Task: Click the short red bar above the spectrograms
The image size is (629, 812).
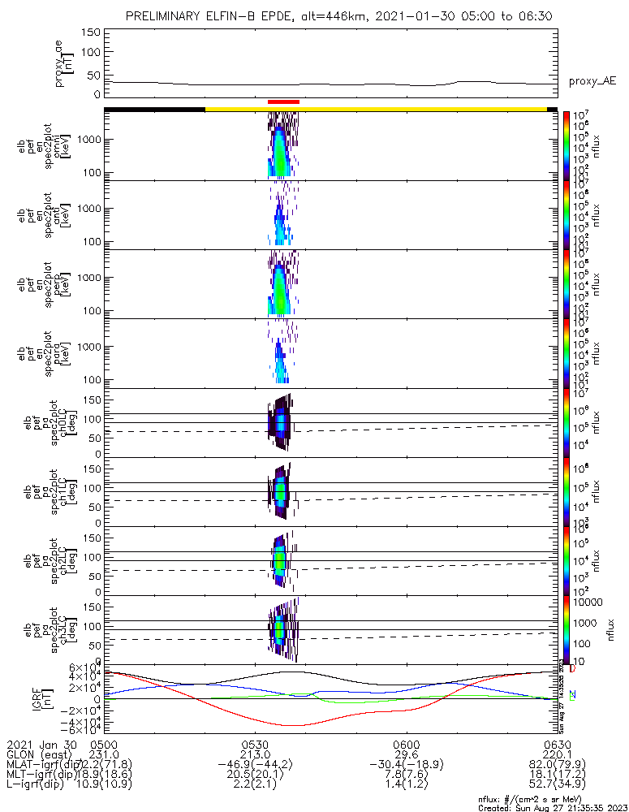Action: tap(283, 101)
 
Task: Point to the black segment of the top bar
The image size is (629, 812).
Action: tap(154, 108)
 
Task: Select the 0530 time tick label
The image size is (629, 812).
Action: tap(255, 743)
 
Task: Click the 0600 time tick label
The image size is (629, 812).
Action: tap(405, 743)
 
